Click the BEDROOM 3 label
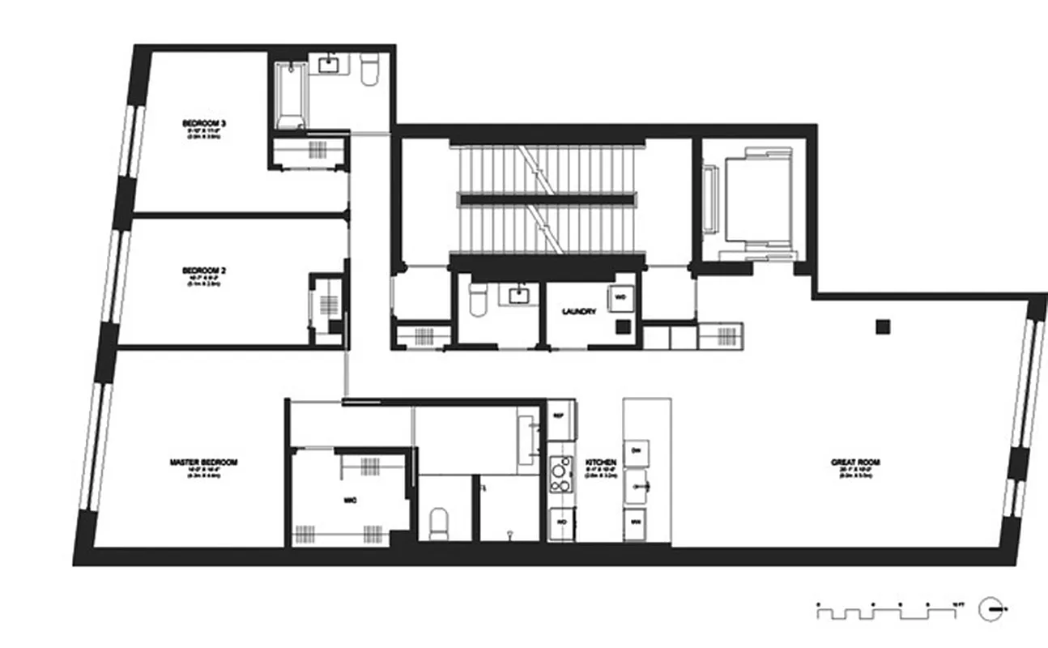coord(203,124)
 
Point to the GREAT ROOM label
coord(855,463)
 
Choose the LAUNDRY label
coord(579,311)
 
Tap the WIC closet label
coord(349,500)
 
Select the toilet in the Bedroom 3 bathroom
coord(369,70)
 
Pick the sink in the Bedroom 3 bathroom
coord(330,64)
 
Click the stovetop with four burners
coord(560,475)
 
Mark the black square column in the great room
coord(883,326)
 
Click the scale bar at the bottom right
coord(891,610)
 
